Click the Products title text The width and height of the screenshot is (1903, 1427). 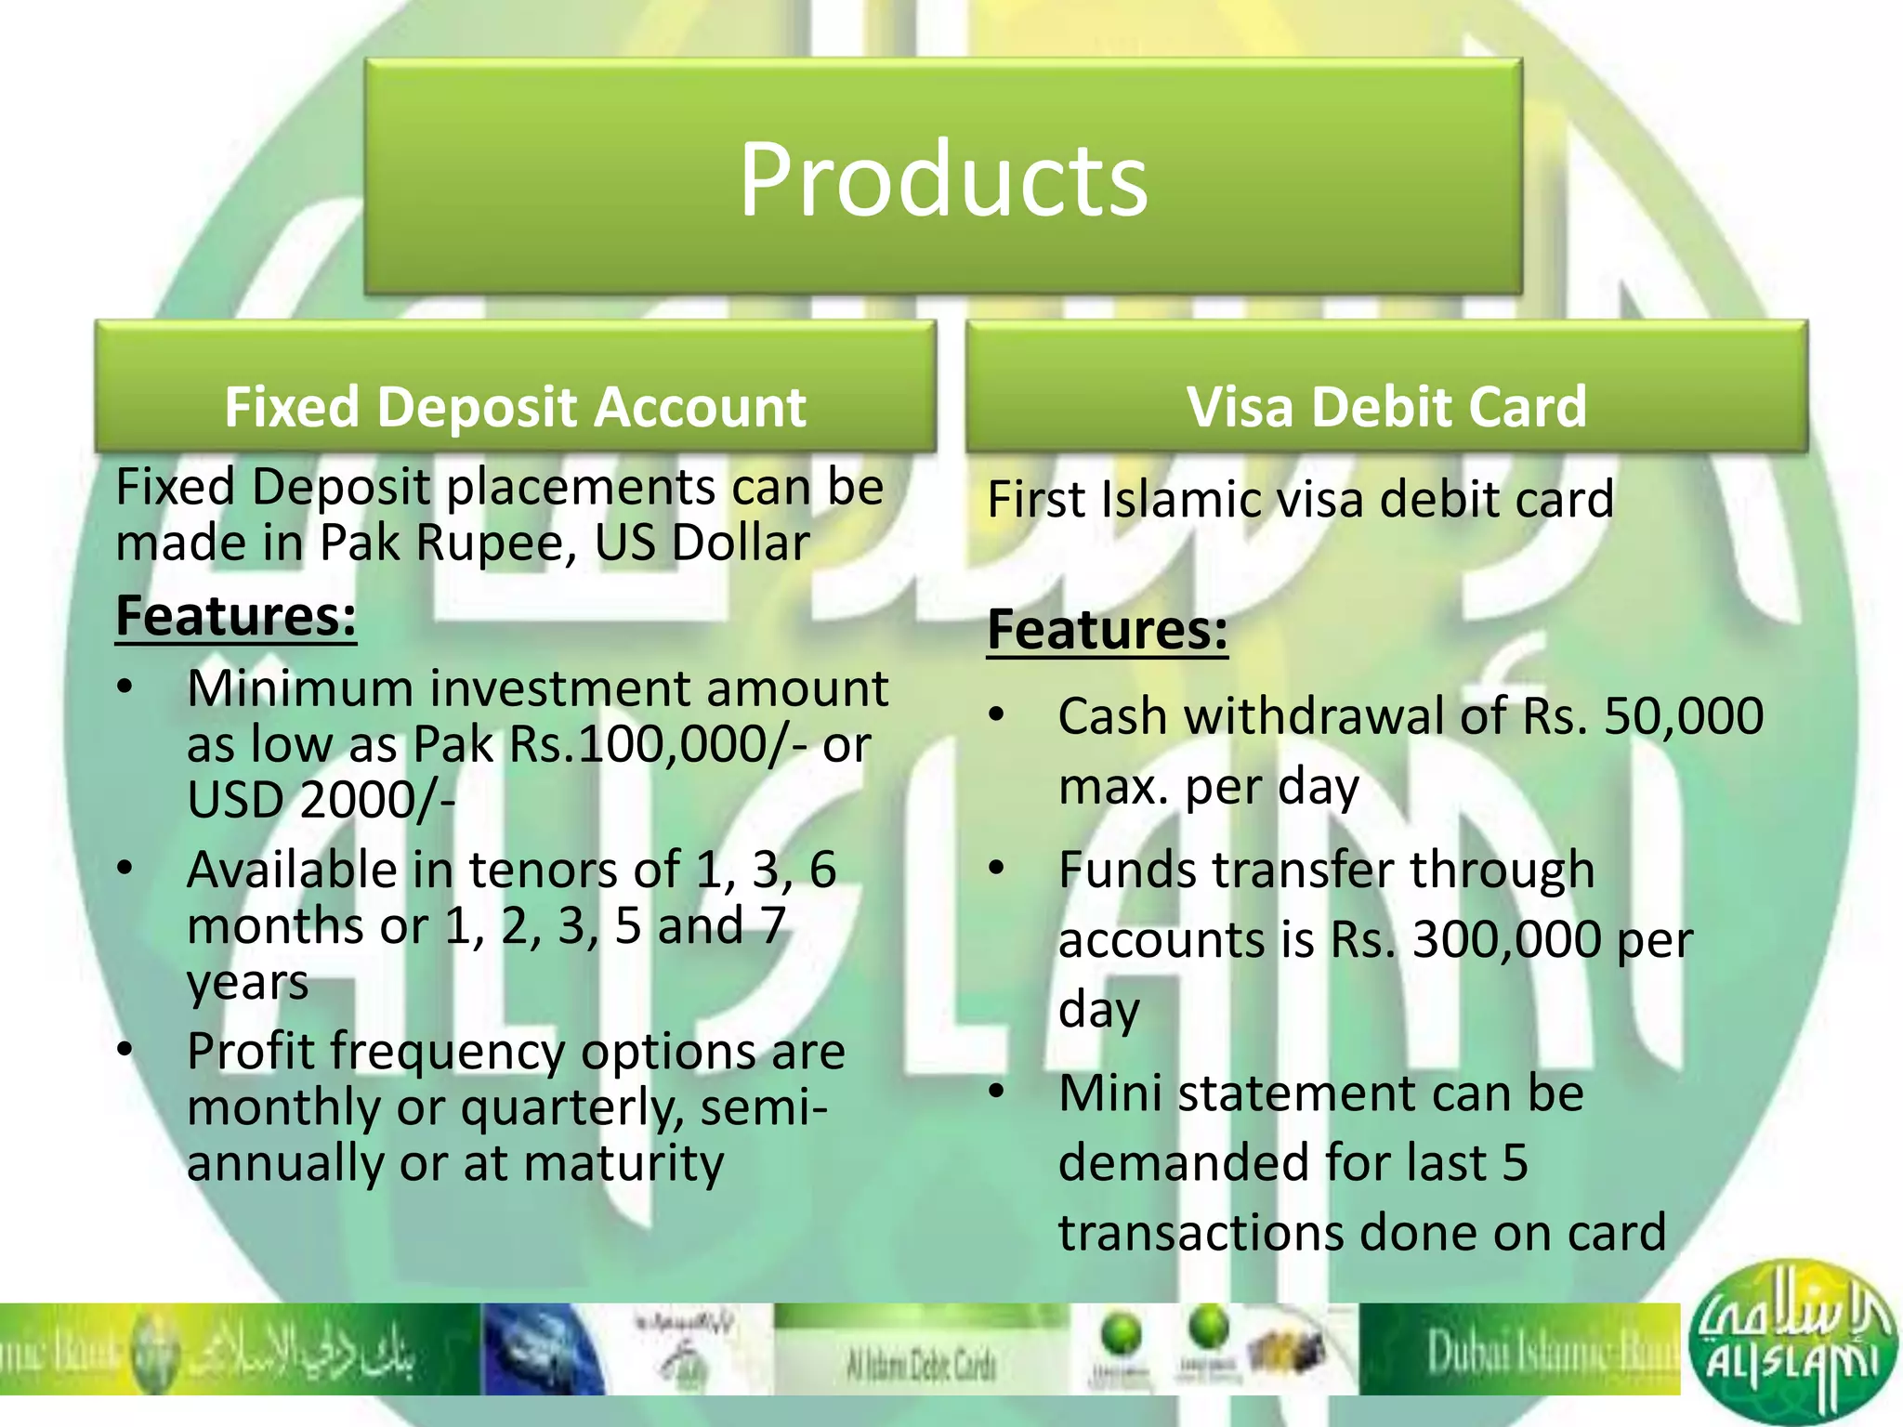tap(943, 179)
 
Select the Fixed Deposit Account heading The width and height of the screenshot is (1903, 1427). tap(515, 407)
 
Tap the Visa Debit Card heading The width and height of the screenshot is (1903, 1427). tap(1386, 407)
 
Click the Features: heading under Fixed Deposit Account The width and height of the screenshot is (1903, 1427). tap(236, 616)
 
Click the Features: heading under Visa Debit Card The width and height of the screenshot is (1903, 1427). tap(1107, 630)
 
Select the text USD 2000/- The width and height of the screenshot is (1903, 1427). tap(321, 800)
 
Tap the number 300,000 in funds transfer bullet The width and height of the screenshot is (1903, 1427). tap(1506, 939)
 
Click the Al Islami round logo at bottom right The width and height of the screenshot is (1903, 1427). tap(1792, 1342)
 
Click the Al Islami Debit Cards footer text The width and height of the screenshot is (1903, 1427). tap(920, 1365)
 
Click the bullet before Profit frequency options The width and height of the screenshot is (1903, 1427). tap(125, 1050)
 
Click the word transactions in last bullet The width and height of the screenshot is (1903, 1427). tap(1201, 1233)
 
